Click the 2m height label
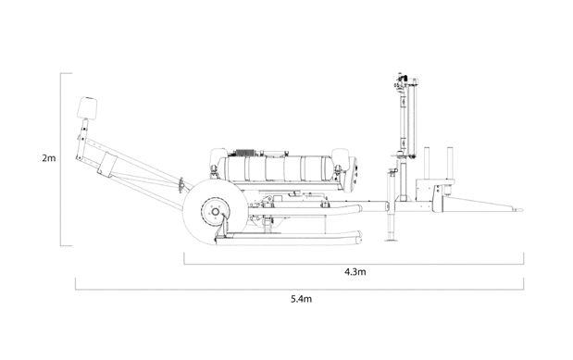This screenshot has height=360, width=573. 49,158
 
